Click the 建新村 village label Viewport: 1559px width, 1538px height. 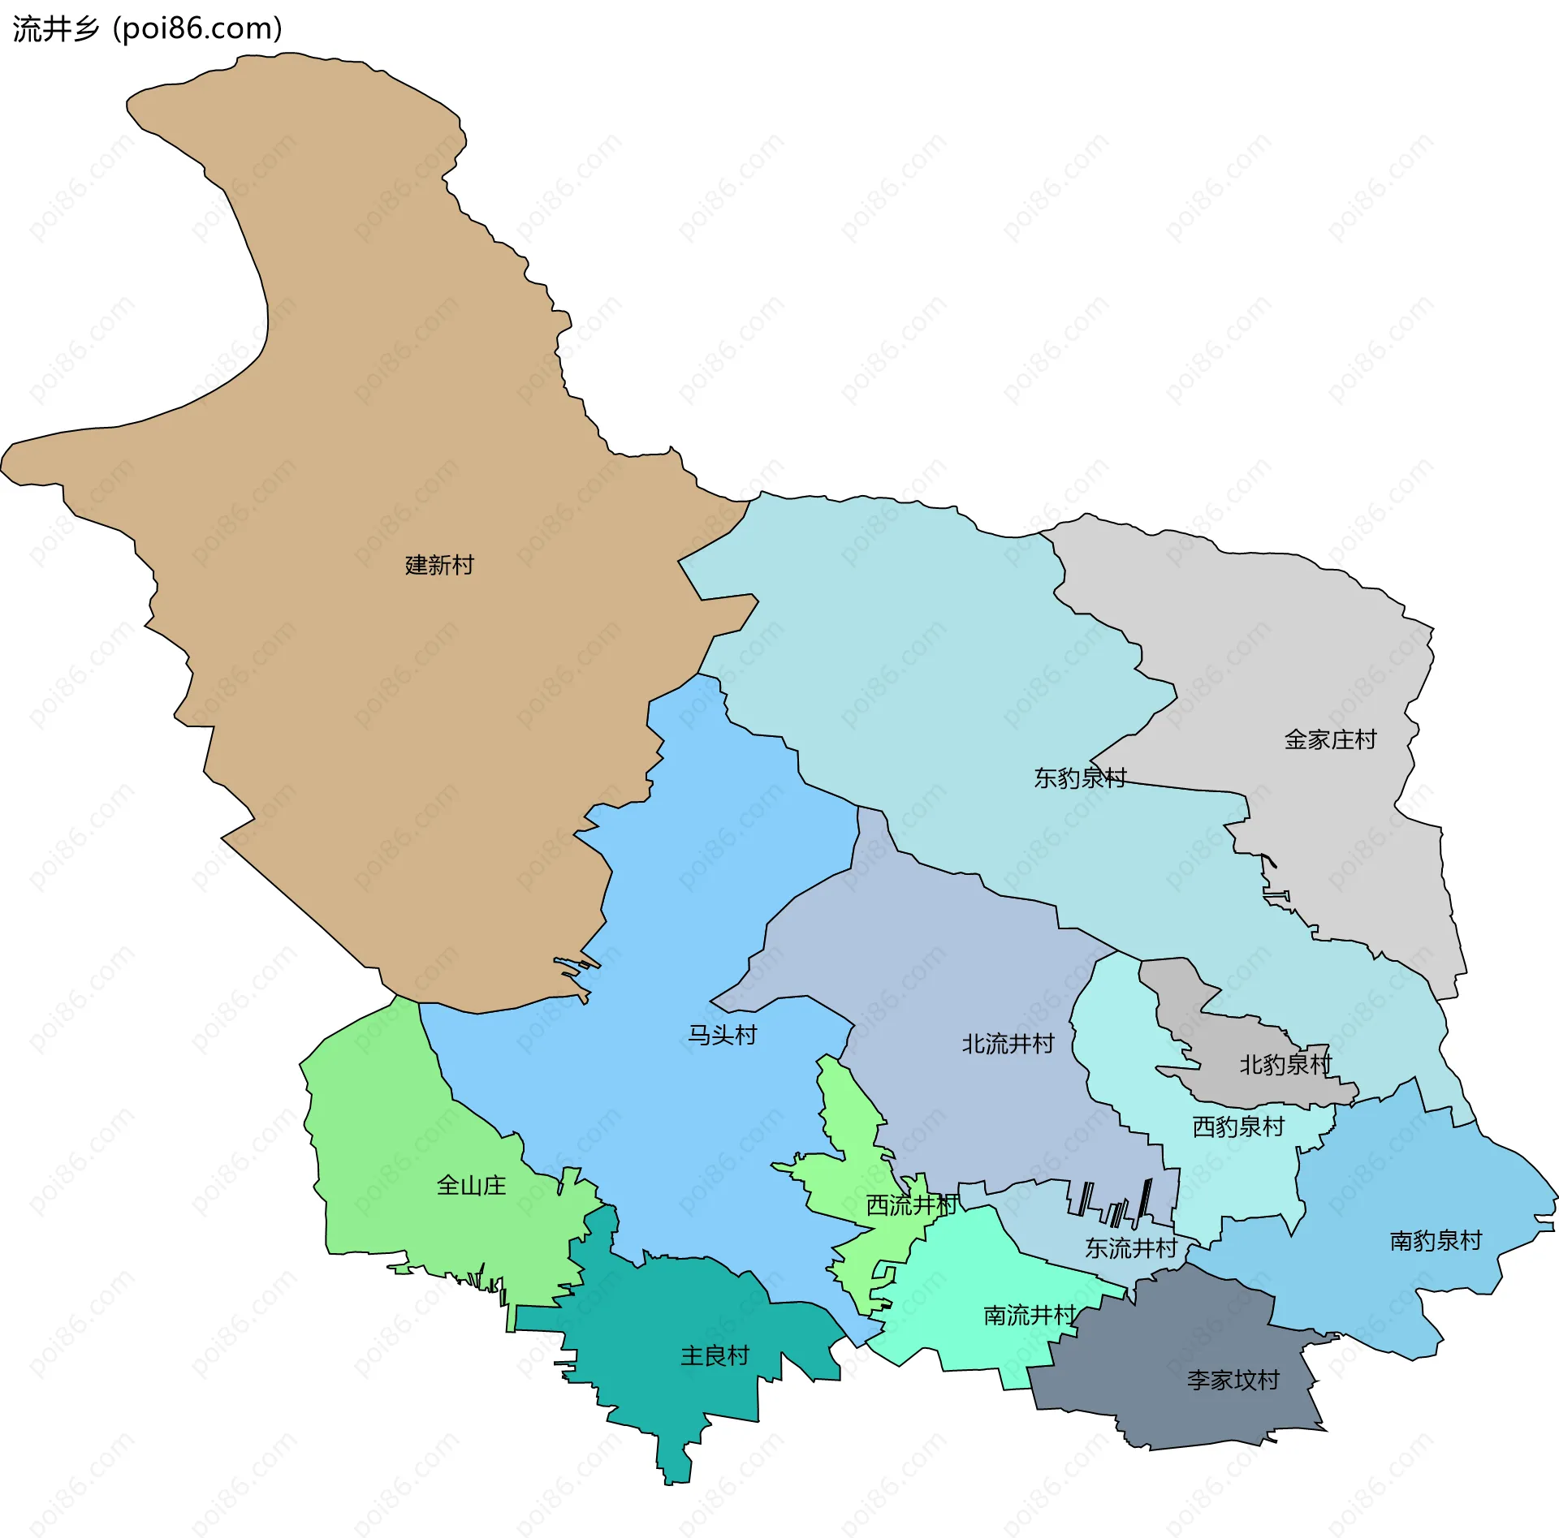[x=439, y=565]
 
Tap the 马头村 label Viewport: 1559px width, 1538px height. [x=722, y=1035]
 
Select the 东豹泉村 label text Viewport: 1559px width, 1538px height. [x=1079, y=778]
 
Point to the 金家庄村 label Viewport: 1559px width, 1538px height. [x=1330, y=739]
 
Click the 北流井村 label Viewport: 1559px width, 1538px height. [x=1008, y=1044]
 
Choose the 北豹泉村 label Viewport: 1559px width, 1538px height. [x=1285, y=1065]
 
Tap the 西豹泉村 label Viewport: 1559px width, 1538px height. [x=1238, y=1127]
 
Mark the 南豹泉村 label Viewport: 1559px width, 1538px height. [x=1436, y=1240]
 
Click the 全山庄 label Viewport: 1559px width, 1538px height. [x=471, y=1186]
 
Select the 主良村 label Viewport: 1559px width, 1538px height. [x=715, y=1355]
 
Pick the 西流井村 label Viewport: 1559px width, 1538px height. [x=912, y=1205]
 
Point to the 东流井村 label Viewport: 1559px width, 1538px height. [x=1131, y=1248]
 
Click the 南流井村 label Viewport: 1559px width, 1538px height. [x=1030, y=1315]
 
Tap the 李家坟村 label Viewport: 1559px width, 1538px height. [x=1233, y=1380]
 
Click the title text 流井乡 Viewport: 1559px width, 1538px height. [x=55, y=29]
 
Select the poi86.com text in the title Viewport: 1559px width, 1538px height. [x=197, y=29]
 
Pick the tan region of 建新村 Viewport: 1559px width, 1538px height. [x=365, y=365]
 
